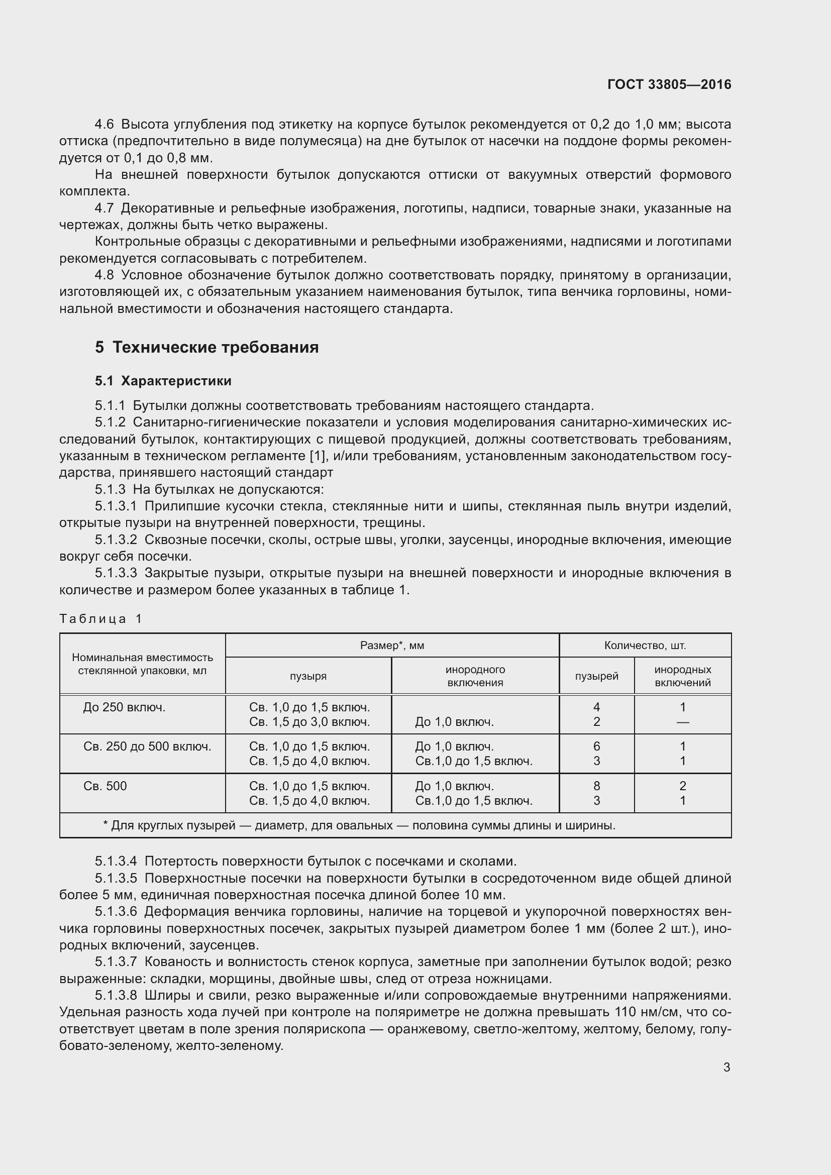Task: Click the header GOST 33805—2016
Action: pyautogui.click(x=669, y=84)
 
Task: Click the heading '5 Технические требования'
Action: pyautogui.click(x=206, y=348)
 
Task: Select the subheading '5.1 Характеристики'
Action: pyautogui.click(x=163, y=381)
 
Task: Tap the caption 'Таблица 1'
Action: pyautogui.click(x=100, y=619)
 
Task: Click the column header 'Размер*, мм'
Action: pyautogui.click(x=392, y=646)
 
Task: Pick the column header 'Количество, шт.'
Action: pyautogui.click(x=645, y=646)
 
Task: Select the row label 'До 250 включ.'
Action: pyautogui.click(x=124, y=707)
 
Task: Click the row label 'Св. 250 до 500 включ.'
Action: pyautogui.click(x=147, y=746)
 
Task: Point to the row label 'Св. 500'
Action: pyautogui.click(x=105, y=786)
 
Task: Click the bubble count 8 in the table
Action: pyautogui.click(x=597, y=786)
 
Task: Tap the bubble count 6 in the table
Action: pyautogui.click(x=597, y=746)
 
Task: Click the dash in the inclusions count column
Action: pyautogui.click(x=683, y=722)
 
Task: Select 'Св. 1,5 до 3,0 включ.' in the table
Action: pyautogui.click(x=309, y=722)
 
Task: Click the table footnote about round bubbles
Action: pyautogui.click(x=359, y=825)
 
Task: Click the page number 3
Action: pyautogui.click(x=726, y=1067)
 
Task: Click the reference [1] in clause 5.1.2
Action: pyautogui.click(x=315, y=456)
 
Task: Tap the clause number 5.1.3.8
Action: pyautogui.click(x=116, y=995)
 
